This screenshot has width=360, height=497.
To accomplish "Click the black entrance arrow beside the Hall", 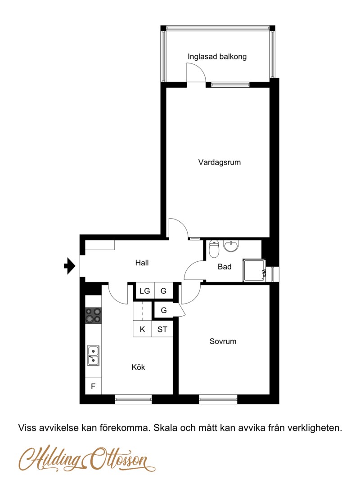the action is (70, 266).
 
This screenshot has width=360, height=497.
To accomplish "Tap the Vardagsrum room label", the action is (220, 162).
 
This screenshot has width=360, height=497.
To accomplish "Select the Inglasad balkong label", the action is (217, 57).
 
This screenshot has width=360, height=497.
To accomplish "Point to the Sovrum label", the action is (223, 341).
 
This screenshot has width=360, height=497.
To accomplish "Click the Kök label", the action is (138, 367).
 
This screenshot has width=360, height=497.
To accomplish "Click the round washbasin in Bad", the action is (230, 246).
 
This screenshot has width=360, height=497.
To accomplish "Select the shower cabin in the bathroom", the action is (254, 270).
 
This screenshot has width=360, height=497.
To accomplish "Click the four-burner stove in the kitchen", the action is (93, 316).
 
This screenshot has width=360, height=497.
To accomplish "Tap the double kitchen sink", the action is (93, 356).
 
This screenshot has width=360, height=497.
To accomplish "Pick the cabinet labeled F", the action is (93, 386).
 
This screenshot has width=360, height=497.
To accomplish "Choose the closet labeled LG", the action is (145, 291).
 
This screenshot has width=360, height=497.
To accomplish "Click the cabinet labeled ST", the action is (162, 329).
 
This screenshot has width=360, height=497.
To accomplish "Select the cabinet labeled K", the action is (142, 329).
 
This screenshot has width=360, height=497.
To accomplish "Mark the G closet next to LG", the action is (163, 291).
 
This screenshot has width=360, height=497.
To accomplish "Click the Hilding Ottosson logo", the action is (86, 459).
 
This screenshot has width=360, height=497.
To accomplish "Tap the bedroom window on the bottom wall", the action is (218, 399).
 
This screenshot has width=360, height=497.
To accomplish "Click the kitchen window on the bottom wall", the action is (133, 399).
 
